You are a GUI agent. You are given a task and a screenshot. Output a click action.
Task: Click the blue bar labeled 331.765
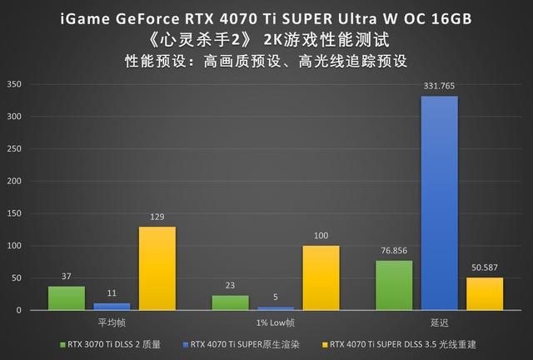[439, 203]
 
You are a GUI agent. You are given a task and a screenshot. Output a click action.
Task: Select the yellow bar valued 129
[157, 268]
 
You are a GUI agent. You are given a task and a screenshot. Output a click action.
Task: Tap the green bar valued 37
[67, 298]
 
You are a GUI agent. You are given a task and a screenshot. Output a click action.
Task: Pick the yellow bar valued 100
[321, 277]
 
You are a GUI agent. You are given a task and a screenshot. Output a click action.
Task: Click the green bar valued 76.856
[394, 285]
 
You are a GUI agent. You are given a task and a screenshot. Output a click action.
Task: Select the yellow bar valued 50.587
[484, 293]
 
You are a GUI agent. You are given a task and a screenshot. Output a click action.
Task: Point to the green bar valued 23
[231, 302]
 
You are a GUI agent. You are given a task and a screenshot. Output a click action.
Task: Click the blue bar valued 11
[112, 307]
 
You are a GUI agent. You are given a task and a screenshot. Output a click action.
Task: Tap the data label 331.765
[439, 87]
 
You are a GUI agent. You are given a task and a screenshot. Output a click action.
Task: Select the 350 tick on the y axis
[14, 83]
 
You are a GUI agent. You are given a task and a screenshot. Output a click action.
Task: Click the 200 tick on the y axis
[14, 181]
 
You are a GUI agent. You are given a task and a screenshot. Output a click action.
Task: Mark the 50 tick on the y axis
[17, 277]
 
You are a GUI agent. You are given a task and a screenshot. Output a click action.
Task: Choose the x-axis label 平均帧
[112, 321]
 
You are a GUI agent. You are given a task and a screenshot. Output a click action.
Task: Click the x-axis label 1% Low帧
[276, 321]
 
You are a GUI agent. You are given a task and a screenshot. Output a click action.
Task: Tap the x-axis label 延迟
[439, 321]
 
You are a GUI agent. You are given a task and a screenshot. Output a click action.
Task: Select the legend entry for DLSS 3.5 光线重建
[406, 342]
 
